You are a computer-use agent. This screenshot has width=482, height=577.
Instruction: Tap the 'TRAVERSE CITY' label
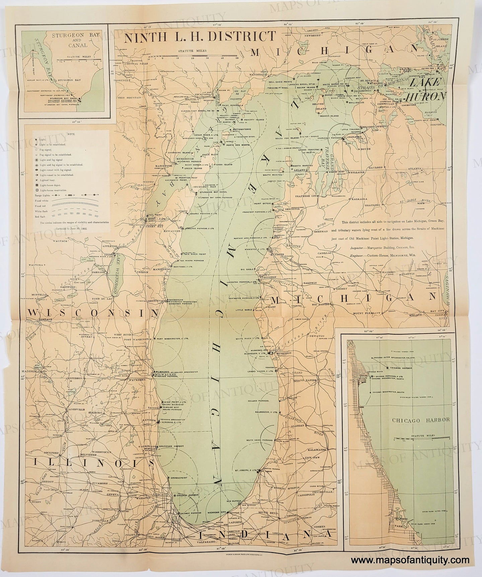pyautogui.click(x=303, y=194)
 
